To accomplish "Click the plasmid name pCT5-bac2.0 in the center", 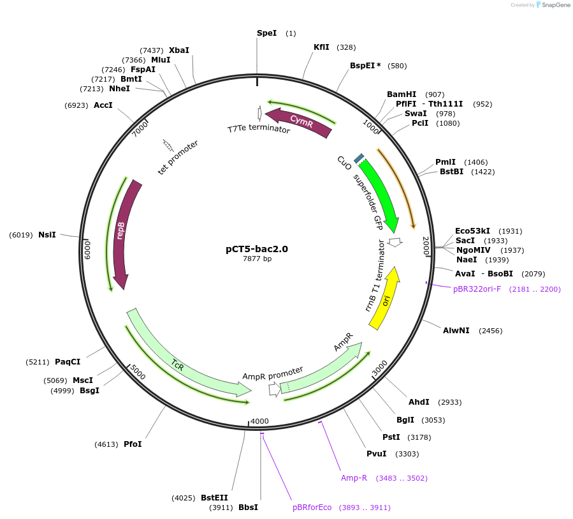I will [x=257, y=249].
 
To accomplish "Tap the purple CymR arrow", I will [x=300, y=122].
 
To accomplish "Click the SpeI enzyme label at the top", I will [x=266, y=33].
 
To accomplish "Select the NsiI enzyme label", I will [x=47, y=235].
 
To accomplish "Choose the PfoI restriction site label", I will [x=133, y=444].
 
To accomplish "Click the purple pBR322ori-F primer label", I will [x=477, y=289].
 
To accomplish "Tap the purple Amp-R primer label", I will [x=354, y=478].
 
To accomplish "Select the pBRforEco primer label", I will [x=312, y=508].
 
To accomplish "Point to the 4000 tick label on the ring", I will [x=259, y=421].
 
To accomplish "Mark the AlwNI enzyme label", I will [x=456, y=330].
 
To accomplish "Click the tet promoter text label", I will [x=178, y=158].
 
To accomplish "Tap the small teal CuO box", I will [x=359, y=158].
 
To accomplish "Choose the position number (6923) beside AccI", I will [x=76, y=105].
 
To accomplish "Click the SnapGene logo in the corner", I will [x=553, y=5].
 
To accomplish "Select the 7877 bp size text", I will [x=257, y=259].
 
